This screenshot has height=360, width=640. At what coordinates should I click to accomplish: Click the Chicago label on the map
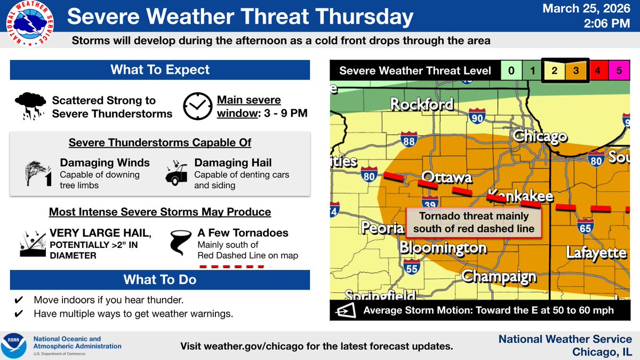540,137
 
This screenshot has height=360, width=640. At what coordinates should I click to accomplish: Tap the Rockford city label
421,104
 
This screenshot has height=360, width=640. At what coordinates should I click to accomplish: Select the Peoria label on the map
382,228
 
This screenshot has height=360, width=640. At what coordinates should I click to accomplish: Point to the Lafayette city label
596,252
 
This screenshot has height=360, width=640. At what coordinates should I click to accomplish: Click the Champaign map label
499,276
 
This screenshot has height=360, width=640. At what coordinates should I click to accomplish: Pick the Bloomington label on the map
443,248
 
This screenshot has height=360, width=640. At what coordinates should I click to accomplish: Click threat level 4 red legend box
597,71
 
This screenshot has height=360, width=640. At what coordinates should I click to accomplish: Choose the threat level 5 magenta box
619,71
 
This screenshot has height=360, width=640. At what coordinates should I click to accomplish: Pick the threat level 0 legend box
511,71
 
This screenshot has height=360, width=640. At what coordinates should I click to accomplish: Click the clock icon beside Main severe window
196,106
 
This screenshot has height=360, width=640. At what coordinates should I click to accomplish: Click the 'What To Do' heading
160,279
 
